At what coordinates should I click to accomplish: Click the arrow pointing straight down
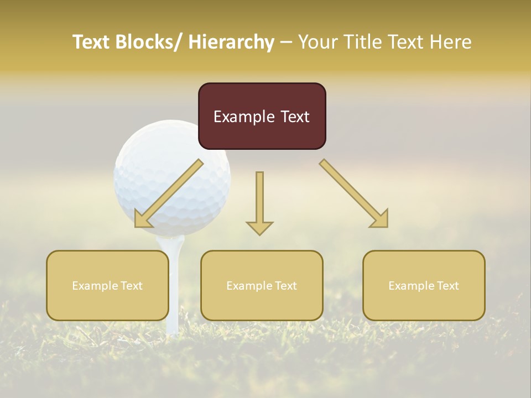pos(259,202)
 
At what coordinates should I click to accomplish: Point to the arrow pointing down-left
pos(168,194)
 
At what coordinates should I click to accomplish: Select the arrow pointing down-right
pos(355,194)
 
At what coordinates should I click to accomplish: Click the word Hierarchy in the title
pos(231,42)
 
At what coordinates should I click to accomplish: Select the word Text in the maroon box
pos(294,117)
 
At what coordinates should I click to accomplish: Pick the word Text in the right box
pos(446,286)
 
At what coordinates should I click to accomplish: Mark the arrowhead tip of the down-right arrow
pos(387,227)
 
